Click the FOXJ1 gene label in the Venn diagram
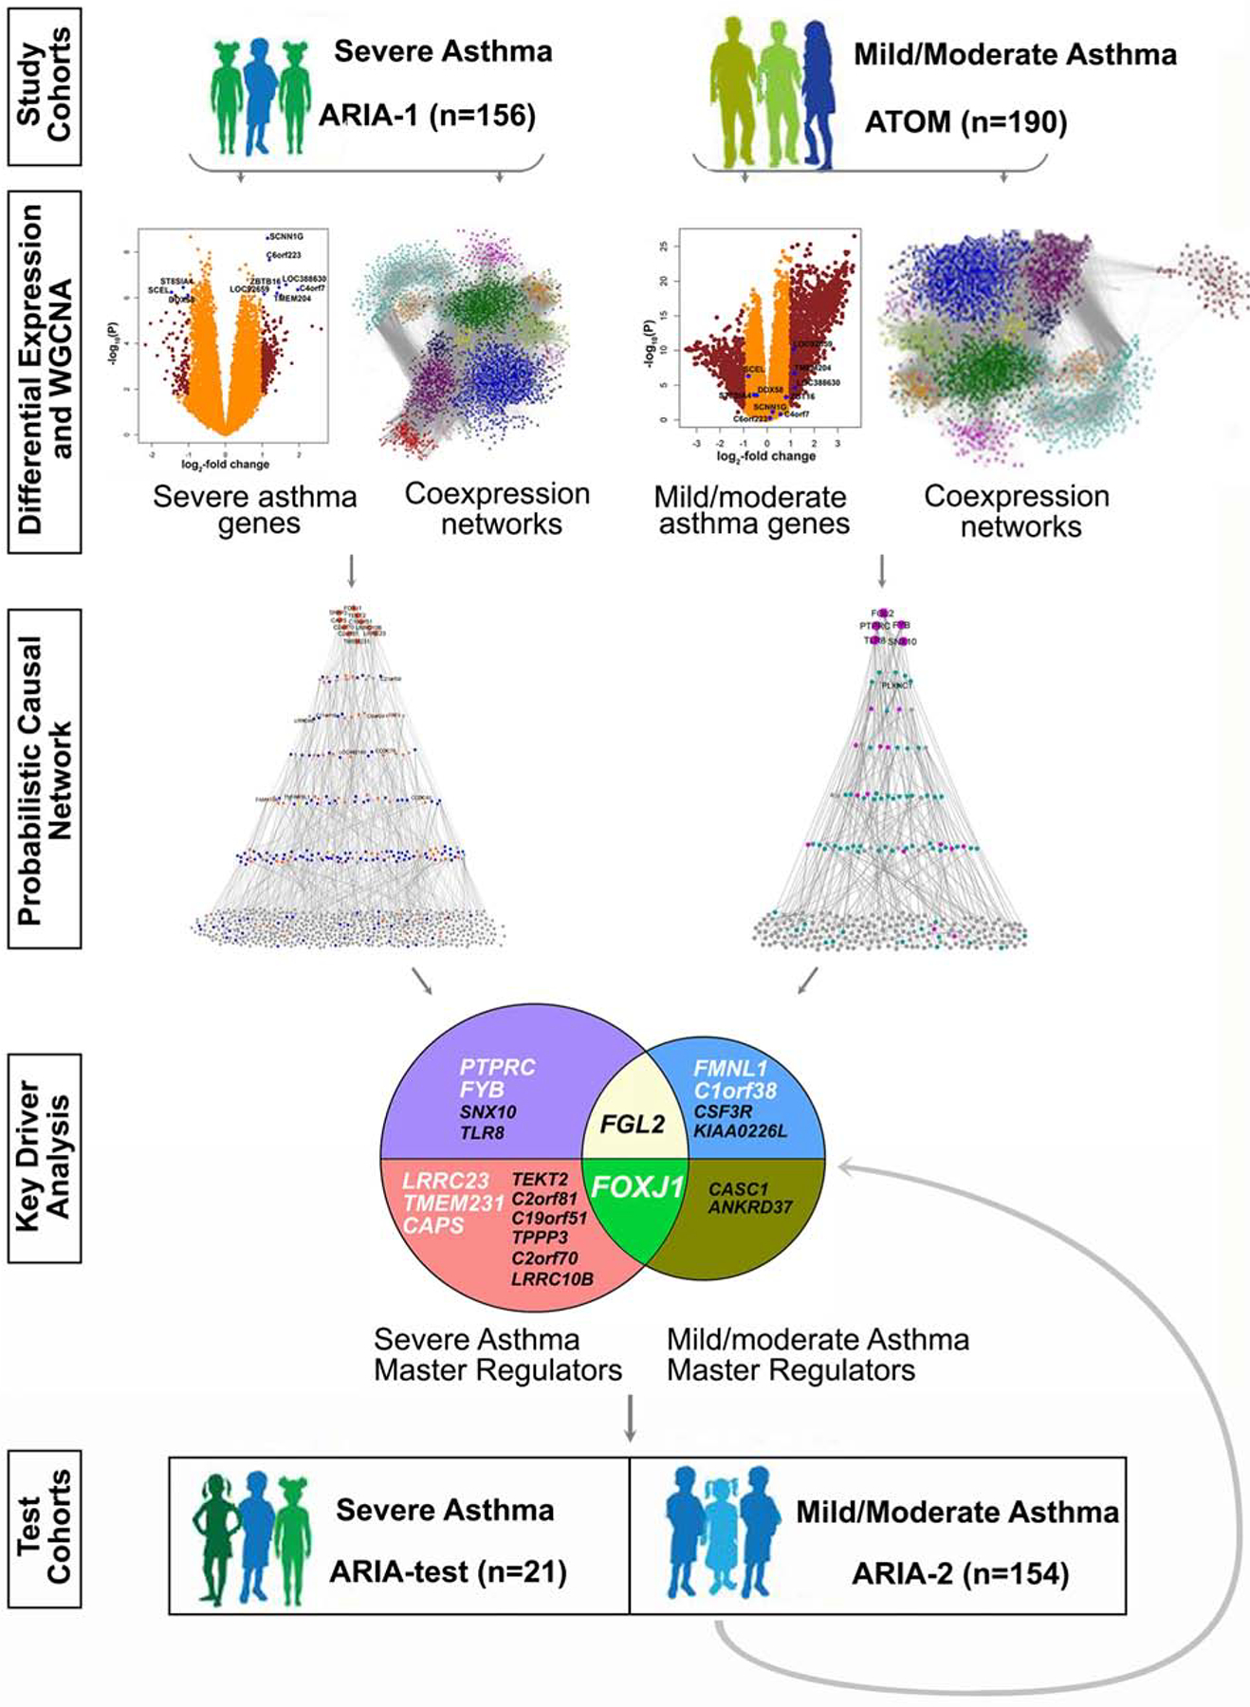[x=637, y=1186]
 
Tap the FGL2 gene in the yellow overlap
[x=633, y=1125]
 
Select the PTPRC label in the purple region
[x=497, y=1067]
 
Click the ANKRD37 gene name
[x=750, y=1207]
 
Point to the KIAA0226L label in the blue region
[x=740, y=1130]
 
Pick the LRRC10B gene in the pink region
[x=552, y=1279]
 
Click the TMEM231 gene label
[x=453, y=1203]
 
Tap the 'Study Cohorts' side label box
[x=45, y=86]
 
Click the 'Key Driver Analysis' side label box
[x=45, y=1158]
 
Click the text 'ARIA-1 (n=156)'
[x=427, y=116]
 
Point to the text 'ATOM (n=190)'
[x=965, y=122]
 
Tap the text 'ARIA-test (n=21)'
[x=448, y=1571]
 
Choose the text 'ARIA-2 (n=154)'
[x=960, y=1573]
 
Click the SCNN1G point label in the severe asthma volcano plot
[x=285, y=236]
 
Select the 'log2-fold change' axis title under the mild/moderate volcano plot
[x=766, y=456]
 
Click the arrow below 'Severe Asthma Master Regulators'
[x=629, y=1419]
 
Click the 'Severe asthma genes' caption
[x=255, y=510]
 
